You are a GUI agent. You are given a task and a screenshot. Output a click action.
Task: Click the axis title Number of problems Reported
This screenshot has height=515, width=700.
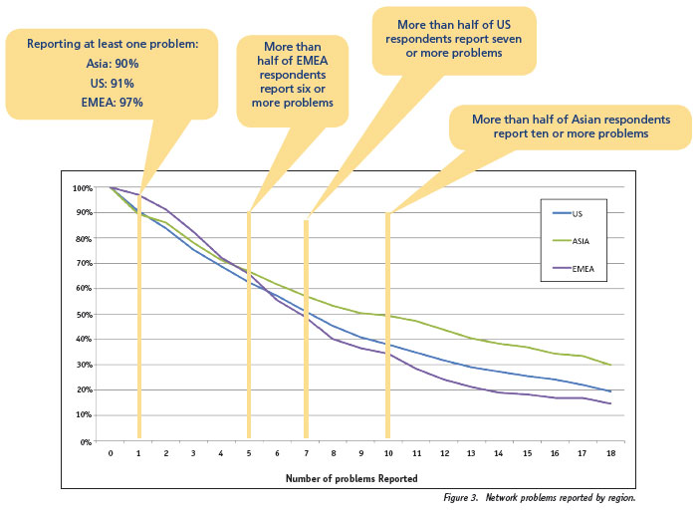tap(347, 479)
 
